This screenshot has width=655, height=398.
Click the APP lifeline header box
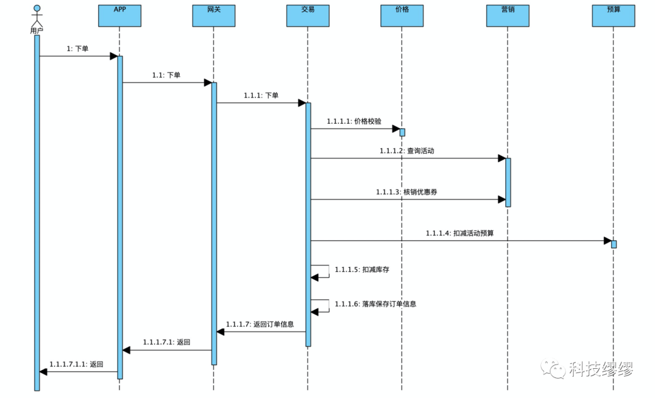[x=119, y=16]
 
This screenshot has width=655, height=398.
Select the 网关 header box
[x=213, y=16]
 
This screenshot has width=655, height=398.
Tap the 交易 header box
[x=307, y=16]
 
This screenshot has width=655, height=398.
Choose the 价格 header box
[x=401, y=16]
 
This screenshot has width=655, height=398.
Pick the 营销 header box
[x=508, y=16]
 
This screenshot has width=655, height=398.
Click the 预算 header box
[x=613, y=16]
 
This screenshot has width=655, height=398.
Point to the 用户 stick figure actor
[x=37, y=18]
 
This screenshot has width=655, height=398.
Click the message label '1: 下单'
[x=78, y=49]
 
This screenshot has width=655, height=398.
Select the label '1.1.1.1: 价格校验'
[x=354, y=121]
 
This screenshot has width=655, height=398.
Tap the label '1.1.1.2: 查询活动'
[x=407, y=151]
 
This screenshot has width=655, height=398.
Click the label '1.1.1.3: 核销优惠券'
[x=407, y=192]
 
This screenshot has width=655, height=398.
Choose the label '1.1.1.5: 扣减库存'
[x=362, y=269]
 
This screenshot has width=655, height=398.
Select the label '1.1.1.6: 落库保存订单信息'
[x=375, y=303]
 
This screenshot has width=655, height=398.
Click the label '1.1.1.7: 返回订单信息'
[x=260, y=325]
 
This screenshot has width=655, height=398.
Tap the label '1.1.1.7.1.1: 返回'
[x=76, y=365]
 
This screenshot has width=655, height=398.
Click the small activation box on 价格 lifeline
[x=402, y=132]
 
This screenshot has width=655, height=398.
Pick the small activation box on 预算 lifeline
[x=614, y=244]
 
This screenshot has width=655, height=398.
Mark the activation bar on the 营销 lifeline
[x=508, y=182]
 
